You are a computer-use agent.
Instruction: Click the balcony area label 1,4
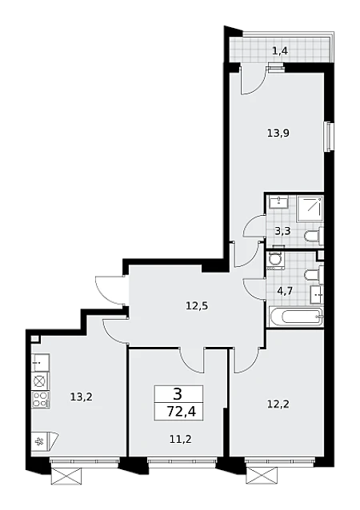[x=280, y=51]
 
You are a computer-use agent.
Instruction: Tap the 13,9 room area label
[x=278, y=133]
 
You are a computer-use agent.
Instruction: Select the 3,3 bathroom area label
[x=282, y=231]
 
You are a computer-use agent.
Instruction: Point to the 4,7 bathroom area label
[x=285, y=290]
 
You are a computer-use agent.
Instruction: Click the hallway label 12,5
[x=197, y=305]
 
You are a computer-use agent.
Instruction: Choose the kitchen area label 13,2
[x=82, y=396]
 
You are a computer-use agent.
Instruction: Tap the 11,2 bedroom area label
[x=180, y=440]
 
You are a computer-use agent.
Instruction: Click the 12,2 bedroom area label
[x=278, y=404]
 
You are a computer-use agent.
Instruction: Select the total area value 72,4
[x=181, y=412]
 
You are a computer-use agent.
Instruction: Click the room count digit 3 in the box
[x=178, y=395]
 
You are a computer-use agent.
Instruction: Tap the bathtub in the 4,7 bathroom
[x=295, y=317]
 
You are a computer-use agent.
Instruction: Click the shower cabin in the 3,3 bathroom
[x=310, y=209]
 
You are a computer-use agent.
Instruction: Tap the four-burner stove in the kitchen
[x=41, y=400]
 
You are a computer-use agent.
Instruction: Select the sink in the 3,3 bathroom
[x=278, y=202]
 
